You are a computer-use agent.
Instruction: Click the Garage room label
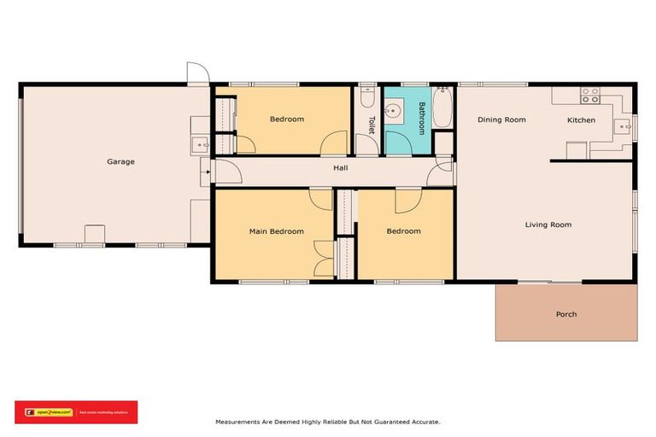[x=120, y=161]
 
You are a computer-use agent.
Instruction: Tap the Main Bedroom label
[x=276, y=231]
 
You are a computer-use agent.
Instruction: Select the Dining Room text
[x=501, y=120]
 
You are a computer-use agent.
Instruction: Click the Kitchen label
[x=582, y=120]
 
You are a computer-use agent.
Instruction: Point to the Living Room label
[x=548, y=224]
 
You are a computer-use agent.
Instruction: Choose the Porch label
[x=566, y=314]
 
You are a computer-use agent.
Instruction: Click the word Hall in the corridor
[x=341, y=168]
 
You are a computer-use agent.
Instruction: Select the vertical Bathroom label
[x=421, y=119]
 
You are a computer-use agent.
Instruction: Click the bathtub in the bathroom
[x=443, y=108]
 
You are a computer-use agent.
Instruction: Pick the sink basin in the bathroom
[x=395, y=111]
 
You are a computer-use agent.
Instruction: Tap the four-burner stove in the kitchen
[x=589, y=94]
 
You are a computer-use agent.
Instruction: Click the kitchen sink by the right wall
[x=626, y=127]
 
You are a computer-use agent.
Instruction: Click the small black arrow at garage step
[x=206, y=172]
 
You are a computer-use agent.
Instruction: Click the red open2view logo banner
[x=76, y=412]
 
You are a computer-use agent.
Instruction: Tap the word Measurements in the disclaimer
[x=241, y=422]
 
